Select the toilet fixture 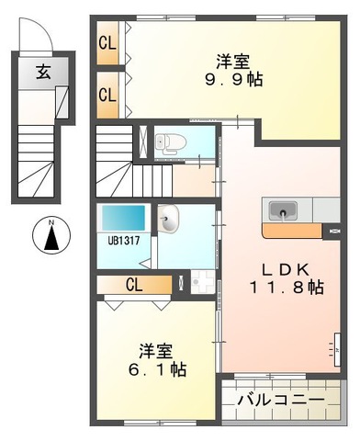(166, 142)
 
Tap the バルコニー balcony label (281, 401)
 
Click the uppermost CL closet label (108, 43)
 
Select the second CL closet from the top (108, 94)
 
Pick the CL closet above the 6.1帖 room (133, 285)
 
